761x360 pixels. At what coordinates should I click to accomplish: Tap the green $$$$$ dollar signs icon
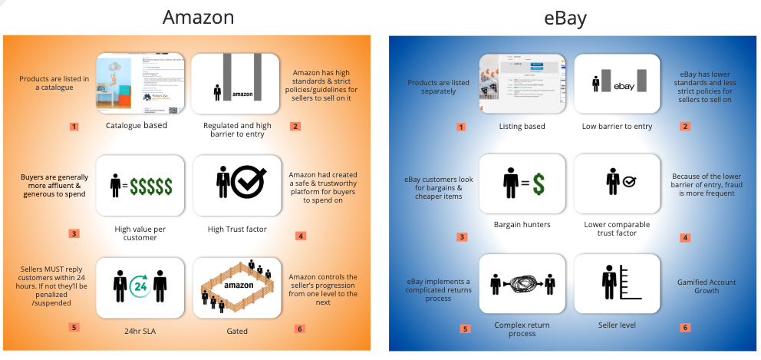pos(150,186)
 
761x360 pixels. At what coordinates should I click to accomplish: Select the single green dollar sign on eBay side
pos(539,184)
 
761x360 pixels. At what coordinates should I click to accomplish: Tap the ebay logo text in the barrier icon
pos(625,87)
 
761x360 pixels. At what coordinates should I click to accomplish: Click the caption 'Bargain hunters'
pos(522,224)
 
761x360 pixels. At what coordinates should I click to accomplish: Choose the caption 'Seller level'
pos(617,325)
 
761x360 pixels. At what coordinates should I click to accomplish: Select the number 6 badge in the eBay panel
pos(684,328)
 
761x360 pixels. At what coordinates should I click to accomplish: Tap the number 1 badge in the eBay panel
pos(460,126)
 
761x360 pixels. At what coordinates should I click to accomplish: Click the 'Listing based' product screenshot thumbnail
pos(522,83)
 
